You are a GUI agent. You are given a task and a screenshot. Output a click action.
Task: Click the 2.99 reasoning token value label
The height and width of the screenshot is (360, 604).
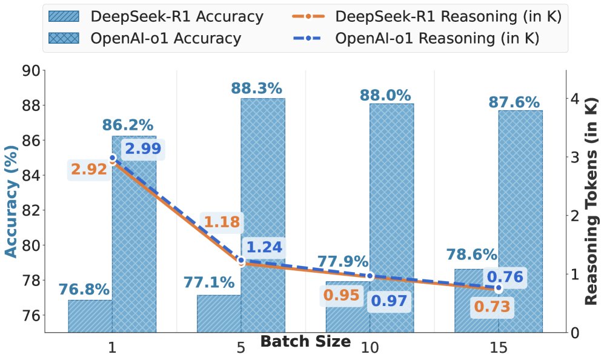coord(143,150)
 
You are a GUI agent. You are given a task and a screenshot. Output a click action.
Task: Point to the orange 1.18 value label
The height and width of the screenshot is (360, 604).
coord(222,222)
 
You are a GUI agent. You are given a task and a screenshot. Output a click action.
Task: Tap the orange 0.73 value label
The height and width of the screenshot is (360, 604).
coord(493,307)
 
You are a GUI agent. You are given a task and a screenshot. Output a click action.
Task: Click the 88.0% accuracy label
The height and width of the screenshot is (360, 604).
coord(385,96)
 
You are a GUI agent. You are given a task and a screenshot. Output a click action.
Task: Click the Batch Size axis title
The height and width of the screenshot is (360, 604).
coord(305,341)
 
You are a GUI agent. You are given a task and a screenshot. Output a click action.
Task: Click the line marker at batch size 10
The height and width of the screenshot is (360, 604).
coord(370,275)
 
